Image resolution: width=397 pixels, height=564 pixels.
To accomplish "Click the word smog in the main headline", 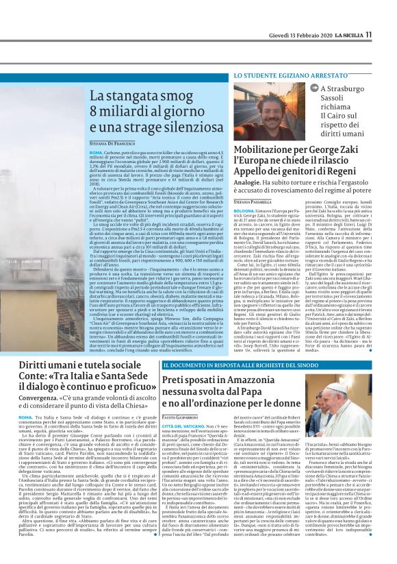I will coord(167,98).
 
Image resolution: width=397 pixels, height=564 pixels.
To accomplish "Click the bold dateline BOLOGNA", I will coord(244,211).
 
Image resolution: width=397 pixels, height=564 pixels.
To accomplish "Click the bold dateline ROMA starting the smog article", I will coord(96,151).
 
